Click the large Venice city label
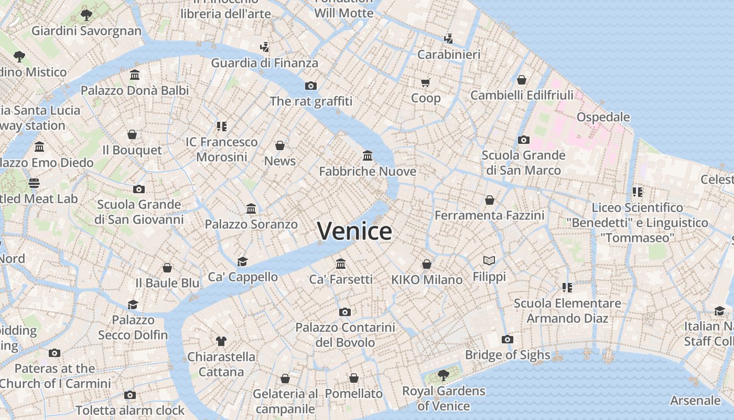click(x=354, y=231)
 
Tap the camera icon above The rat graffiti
click(x=311, y=86)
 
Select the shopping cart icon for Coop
click(x=425, y=82)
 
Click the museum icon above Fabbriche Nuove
click(x=368, y=155)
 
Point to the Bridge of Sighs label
click(x=508, y=355)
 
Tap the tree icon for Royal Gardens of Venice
click(x=443, y=375)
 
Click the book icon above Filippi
click(x=489, y=260)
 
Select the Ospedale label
click(x=603, y=117)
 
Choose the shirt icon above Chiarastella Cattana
click(x=221, y=341)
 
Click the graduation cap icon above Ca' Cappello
click(x=242, y=261)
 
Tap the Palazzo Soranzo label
click(x=251, y=224)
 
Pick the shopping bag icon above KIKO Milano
click(x=427, y=264)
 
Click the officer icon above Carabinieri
click(x=448, y=38)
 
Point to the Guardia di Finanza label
click(x=264, y=63)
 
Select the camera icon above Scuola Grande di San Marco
click(x=523, y=140)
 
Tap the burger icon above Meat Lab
click(x=34, y=183)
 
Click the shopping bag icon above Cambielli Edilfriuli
click(x=522, y=80)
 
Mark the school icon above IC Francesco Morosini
click(x=221, y=126)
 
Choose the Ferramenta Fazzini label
click(x=489, y=215)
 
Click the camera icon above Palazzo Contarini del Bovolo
click(x=344, y=312)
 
